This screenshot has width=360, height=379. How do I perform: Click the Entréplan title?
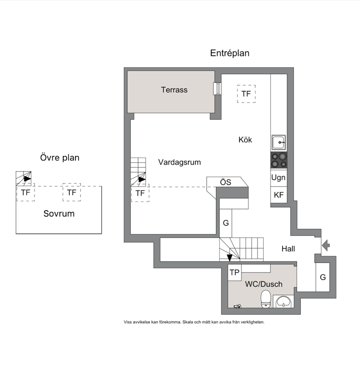(x=229, y=53)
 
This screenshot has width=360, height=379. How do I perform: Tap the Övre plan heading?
(x=60, y=158)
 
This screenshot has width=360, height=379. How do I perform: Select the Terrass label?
(x=174, y=90)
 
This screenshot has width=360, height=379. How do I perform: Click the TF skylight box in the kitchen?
(x=246, y=94)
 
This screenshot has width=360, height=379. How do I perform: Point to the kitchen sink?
(x=279, y=142)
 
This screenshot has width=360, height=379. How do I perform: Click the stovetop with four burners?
(x=279, y=160)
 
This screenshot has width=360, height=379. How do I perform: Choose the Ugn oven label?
(x=278, y=178)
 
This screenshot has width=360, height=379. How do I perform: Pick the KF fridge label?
(x=279, y=195)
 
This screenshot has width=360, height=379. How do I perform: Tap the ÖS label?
(x=225, y=182)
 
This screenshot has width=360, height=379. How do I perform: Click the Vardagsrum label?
(x=180, y=162)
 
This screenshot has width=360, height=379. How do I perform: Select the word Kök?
(x=245, y=140)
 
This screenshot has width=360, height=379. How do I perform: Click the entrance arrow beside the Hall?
(x=326, y=245)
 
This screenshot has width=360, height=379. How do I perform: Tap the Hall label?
(x=288, y=249)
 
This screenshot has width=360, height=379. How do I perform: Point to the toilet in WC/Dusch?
(x=266, y=299)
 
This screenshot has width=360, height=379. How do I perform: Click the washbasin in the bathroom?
(x=284, y=302)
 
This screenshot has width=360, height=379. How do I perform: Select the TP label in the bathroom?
(x=234, y=272)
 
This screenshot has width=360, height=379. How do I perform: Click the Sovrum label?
(x=59, y=214)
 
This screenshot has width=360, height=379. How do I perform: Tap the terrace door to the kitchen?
(x=217, y=89)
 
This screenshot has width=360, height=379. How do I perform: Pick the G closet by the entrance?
(x=323, y=277)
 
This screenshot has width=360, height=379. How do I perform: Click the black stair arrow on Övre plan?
(x=27, y=179)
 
